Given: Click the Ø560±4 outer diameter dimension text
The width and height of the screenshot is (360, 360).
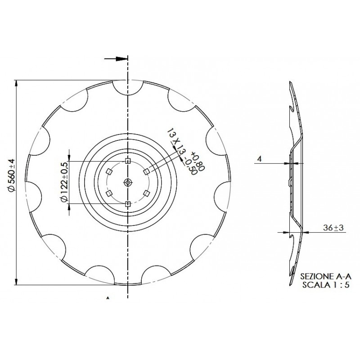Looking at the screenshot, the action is [x=12, y=175].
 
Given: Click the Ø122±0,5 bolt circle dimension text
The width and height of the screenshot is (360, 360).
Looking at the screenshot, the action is [x=64, y=182].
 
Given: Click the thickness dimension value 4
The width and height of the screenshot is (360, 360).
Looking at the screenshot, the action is [x=260, y=159].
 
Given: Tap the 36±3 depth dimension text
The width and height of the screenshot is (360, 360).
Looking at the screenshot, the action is [x=333, y=228].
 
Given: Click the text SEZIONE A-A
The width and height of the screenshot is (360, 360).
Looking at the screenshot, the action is [x=326, y=276].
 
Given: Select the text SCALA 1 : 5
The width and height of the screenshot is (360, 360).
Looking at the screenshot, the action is [x=326, y=285].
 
